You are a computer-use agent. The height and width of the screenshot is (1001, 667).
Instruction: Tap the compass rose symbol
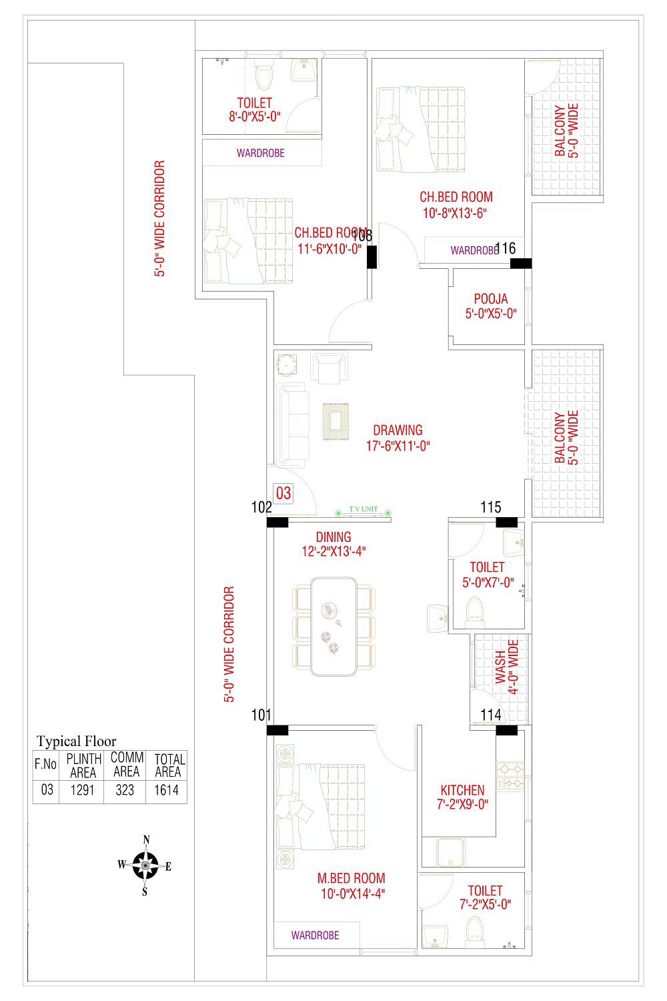tap(145, 866)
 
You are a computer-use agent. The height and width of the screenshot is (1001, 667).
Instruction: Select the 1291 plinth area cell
tap(84, 790)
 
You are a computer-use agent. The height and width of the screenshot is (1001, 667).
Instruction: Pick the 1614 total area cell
tap(167, 790)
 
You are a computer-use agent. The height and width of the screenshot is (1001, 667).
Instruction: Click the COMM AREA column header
tap(126, 765)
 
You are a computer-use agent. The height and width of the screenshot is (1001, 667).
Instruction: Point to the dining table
tap(333, 627)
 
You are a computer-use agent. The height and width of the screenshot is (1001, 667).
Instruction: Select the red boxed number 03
tap(283, 494)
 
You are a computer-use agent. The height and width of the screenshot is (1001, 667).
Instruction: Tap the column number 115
tap(490, 508)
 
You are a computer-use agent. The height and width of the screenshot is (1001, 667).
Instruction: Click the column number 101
tap(261, 715)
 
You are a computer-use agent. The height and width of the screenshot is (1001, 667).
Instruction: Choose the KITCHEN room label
tap(462, 790)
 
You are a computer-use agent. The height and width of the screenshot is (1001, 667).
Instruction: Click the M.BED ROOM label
tap(351, 878)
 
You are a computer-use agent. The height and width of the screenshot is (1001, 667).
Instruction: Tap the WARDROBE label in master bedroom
tap(315, 935)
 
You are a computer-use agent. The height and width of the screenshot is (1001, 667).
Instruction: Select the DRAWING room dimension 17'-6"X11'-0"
tap(398, 446)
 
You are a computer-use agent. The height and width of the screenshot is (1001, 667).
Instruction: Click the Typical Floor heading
tap(76, 741)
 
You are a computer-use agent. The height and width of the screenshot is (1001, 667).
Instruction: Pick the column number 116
tap(506, 248)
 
